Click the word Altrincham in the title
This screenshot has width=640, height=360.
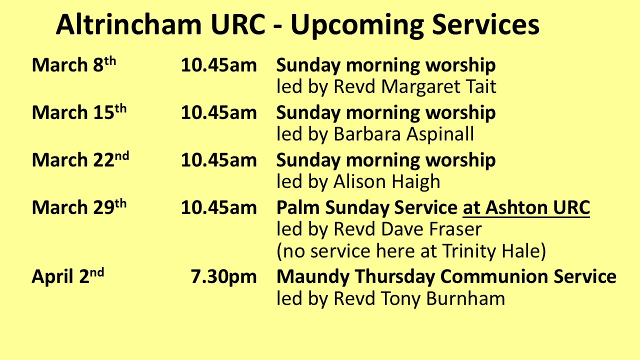(129, 24)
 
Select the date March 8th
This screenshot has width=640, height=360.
(74, 64)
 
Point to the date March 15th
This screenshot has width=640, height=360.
(79, 112)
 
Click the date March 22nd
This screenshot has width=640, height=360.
(80, 159)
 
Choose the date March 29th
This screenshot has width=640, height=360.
(79, 207)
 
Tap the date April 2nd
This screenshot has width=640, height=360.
(68, 276)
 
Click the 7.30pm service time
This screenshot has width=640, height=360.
(223, 277)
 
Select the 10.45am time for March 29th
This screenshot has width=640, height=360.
(219, 207)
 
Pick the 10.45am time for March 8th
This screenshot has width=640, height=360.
(219, 65)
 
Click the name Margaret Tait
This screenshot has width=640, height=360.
(439, 87)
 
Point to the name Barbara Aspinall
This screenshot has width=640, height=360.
(403, 134)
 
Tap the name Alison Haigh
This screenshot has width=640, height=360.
(387, 181)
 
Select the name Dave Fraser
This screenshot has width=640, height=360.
(431, 229)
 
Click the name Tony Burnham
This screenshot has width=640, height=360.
(443, 299)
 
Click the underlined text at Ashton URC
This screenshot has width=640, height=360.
(526, 208)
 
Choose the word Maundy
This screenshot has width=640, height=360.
(313, 277)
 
